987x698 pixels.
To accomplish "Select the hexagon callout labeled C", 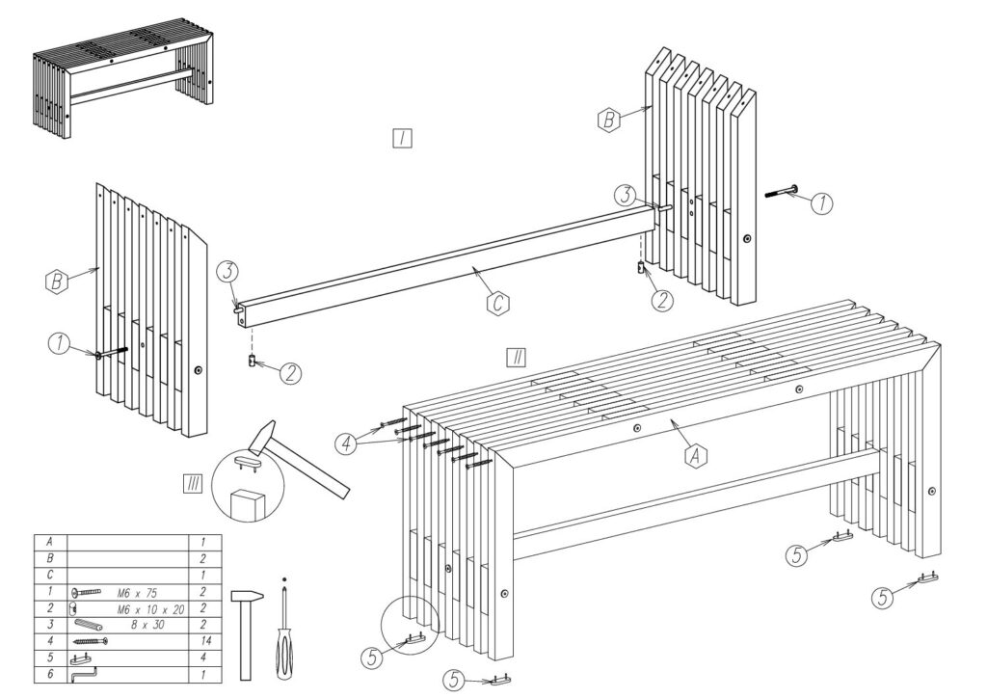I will (496, 304).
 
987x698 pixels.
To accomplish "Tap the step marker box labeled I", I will (402, 138).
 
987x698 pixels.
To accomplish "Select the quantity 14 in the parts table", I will (203, 640).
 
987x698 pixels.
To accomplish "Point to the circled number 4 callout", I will (345, 443).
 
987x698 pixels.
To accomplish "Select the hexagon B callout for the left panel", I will (59, 282).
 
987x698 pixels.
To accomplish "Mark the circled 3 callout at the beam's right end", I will (625, 195).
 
